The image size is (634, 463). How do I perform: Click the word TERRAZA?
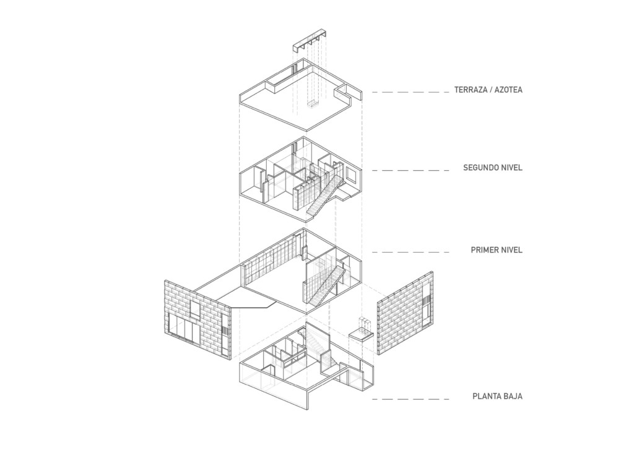[x=469, y=90]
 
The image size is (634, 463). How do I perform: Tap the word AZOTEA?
[x=508, y=90]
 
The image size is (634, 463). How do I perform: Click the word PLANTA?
[x=485, y=396]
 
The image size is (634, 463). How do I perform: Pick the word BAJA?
[x=513, y=396]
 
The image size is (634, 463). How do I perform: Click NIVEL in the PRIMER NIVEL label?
[x=511, y=250]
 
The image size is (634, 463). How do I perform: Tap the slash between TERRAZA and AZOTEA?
[x=489, y=90]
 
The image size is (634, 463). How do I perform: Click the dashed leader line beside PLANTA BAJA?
[x=410, y=399]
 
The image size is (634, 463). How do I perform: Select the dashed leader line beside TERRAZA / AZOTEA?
[x=410, y=92]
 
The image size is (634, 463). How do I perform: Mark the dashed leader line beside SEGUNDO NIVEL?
[x=410, y=170]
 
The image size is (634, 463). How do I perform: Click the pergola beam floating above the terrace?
[x=309, y=39]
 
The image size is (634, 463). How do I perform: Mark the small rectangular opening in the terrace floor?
[x=312, y=105]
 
